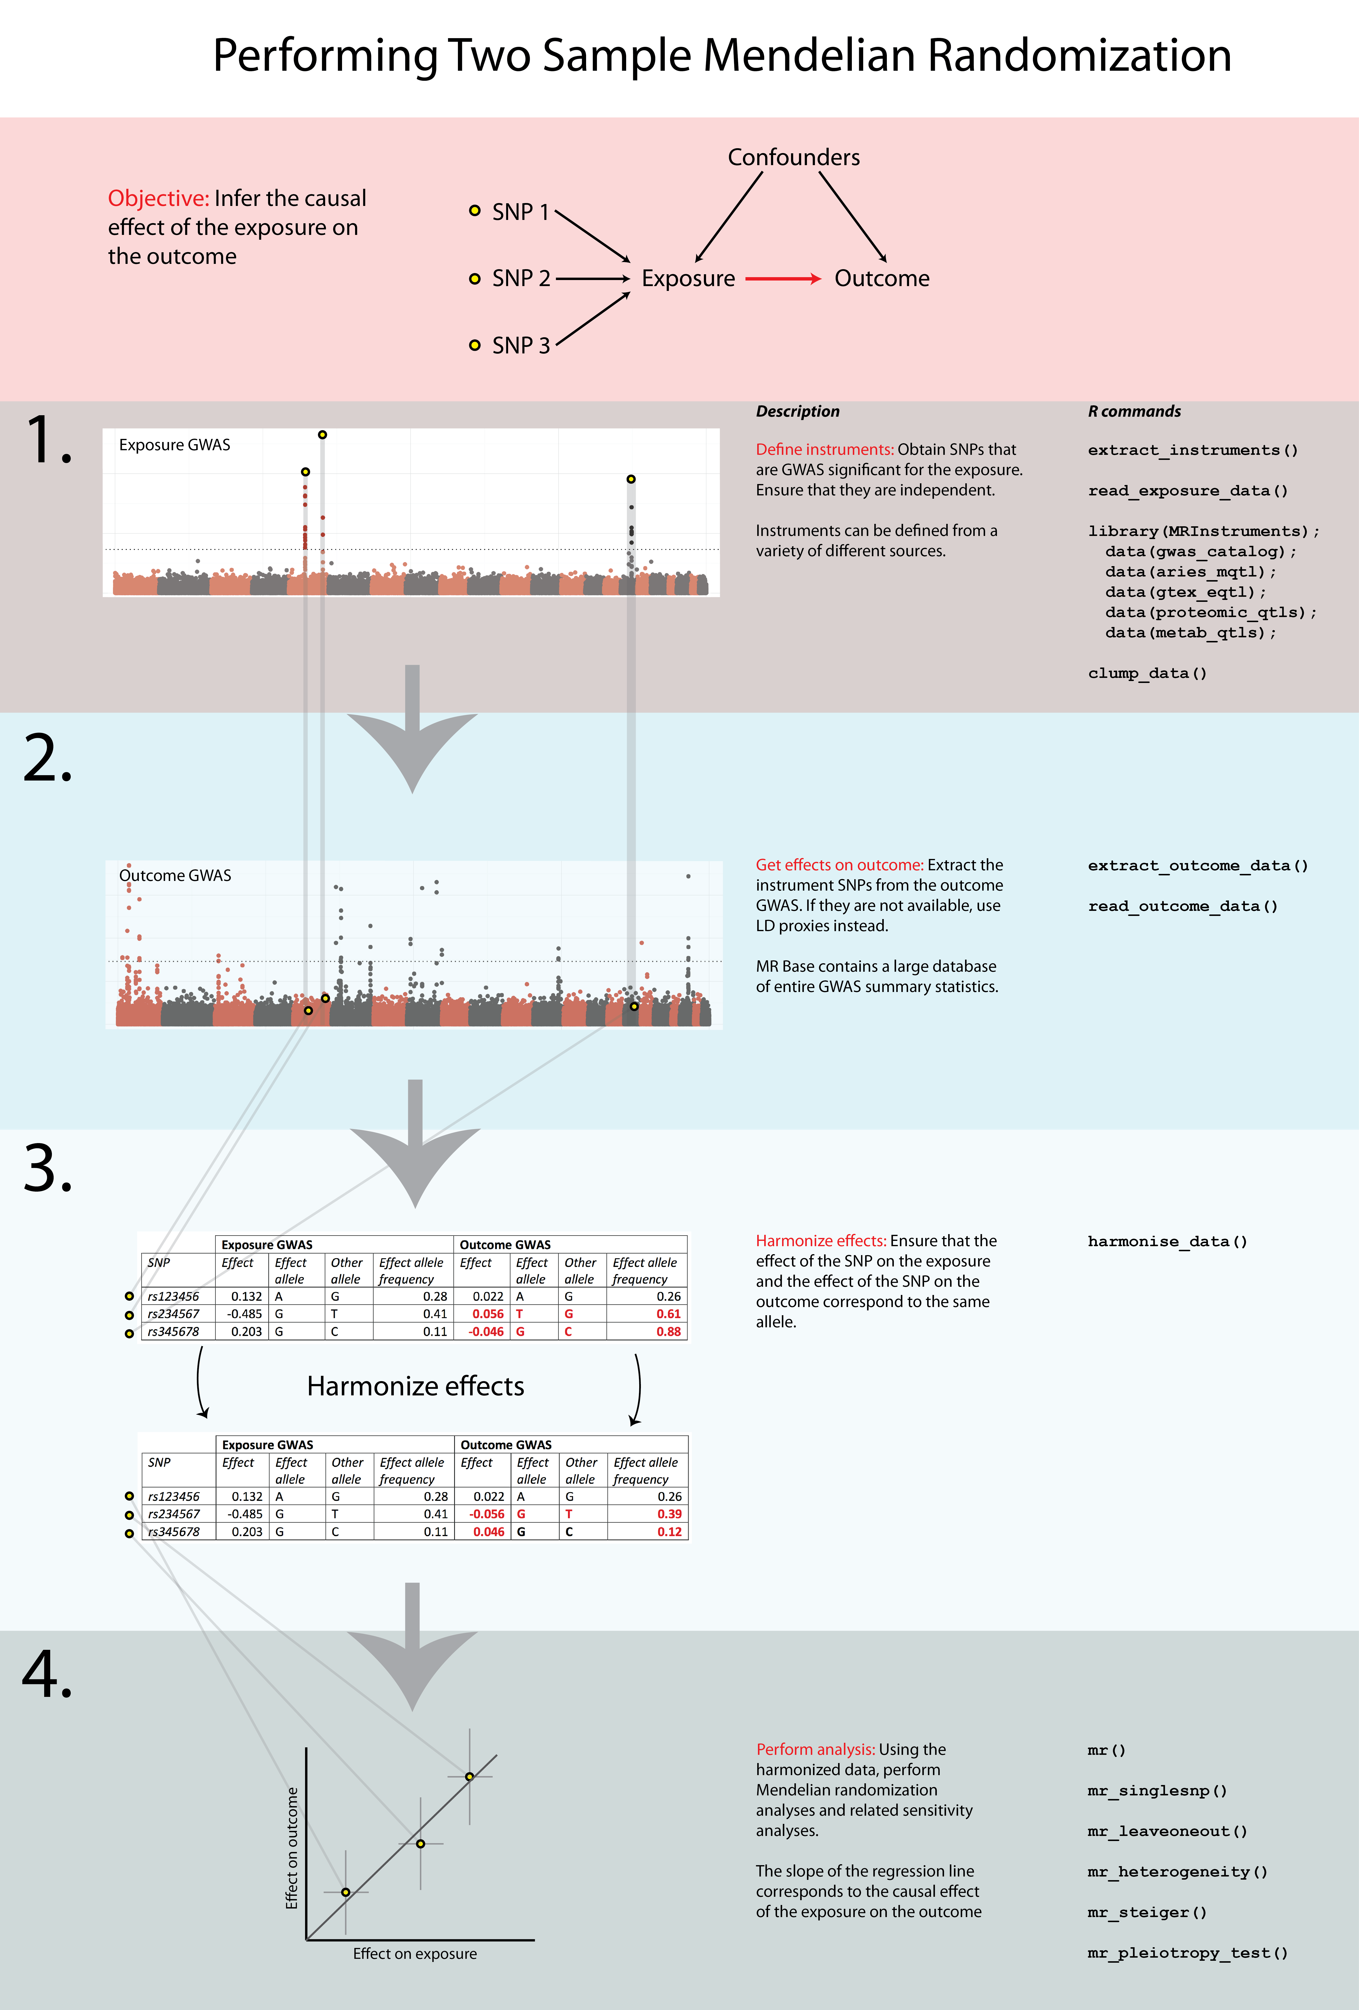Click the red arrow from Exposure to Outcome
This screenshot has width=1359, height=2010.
pyautogui.click(x=783, y=279)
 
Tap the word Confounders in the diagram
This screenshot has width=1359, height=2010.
pyautogui.click(x=793, y=157)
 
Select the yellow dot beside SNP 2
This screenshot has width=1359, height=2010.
pyautogui.click(x=474, y=279)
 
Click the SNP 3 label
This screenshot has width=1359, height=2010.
pyautogui.click(x=521, y=346)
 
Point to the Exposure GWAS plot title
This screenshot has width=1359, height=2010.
pyautogui.click(x=175, y=444)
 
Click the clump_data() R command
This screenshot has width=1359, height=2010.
pyautogui.click(x=1147, y=673)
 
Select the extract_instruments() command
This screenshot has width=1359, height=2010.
pyautogui.click(x=1192, y=450)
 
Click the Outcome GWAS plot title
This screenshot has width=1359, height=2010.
pyautogui.click(x=175, y=875)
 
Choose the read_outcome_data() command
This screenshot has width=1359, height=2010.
pyautogui.click(x=1183, y=906)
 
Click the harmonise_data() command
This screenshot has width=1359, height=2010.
pyautogui.click(x=1167, y=1241)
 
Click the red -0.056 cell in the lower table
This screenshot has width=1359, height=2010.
pyautogui.click(x=487, y=1514)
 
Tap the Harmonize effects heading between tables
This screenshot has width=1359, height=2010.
pyautogui.click(x=415, y=1386)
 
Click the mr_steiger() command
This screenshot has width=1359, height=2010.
pyautogui.click(x=1146, y=1912)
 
